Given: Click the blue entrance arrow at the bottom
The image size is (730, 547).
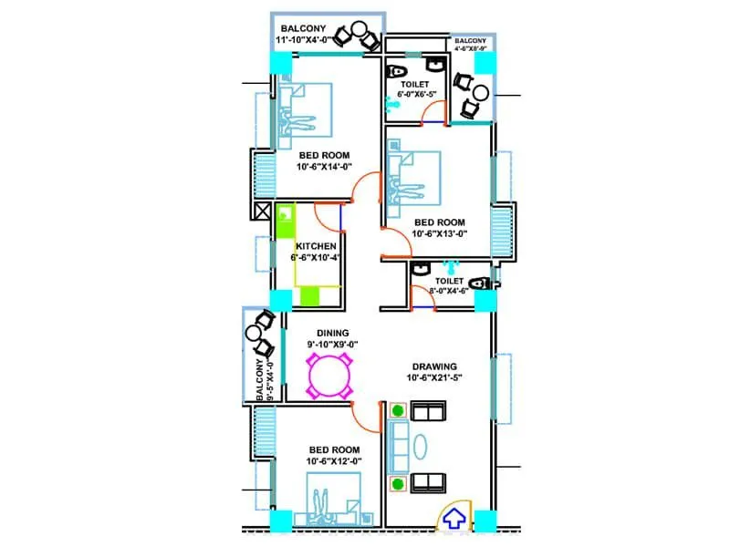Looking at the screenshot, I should point(454,519).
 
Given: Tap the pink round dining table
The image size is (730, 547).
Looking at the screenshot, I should point(330,375).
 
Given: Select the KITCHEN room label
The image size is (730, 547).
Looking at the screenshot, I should point(317,246).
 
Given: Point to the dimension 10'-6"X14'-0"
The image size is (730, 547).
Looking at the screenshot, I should point(324,167).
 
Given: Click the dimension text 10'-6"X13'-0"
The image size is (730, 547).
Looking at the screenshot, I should point(439,233).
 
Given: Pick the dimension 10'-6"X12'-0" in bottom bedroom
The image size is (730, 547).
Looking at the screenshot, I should point(333,462).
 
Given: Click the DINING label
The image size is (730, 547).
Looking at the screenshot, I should point(334,334).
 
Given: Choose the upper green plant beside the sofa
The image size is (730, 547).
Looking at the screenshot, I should point(398,413).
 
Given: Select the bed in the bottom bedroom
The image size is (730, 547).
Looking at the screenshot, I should point(334,498).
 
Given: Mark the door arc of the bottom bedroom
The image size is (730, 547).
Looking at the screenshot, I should point(366,419).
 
